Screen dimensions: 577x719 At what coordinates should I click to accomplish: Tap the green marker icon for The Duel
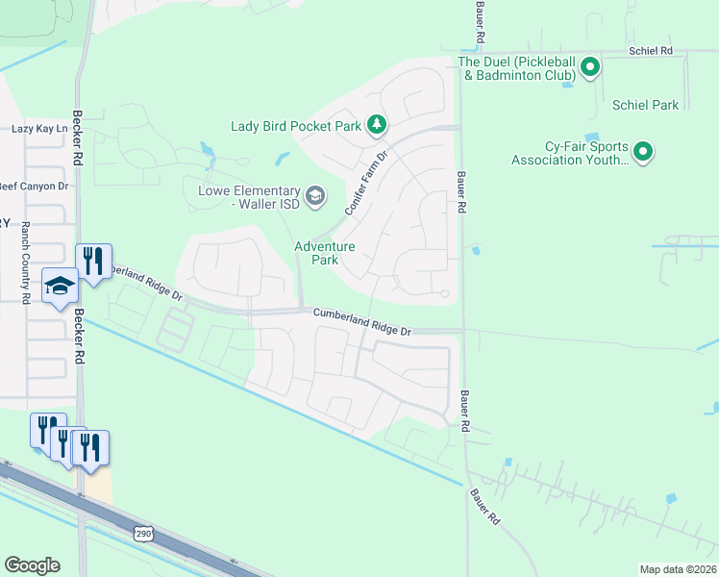point(590,67)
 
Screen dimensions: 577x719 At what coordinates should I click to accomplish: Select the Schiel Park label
point(644,106)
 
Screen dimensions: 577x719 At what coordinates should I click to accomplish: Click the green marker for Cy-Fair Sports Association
point(643,152)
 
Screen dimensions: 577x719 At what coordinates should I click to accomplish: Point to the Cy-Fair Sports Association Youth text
point(571,154)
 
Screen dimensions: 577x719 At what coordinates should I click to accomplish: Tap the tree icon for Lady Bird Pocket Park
point(378,124)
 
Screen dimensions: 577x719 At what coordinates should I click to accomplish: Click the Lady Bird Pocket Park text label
point(295,126)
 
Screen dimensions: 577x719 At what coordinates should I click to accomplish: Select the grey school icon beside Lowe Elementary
point(316,198)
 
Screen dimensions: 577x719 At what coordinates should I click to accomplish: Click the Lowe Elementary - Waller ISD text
point(249,197)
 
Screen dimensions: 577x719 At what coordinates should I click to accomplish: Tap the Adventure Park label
point(324,253)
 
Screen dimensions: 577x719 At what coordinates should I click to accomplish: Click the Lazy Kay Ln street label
point(40,128)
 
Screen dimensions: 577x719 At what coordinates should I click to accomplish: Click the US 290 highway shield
point(142,533)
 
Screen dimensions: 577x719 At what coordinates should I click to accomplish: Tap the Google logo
point(32,565)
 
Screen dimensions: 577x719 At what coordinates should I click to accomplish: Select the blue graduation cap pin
point(60,286)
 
